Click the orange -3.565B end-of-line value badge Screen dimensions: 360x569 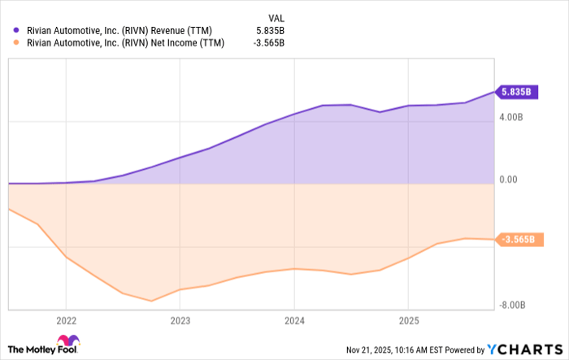click(x=517, y=240)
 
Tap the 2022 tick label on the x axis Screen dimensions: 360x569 click(x=66, y=319)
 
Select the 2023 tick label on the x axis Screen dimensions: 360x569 click(x=180, y=319)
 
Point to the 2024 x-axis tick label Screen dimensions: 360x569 click(x=294, y=319)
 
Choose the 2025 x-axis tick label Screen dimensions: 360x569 click(x=408, y=319)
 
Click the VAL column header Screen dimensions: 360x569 click(x=276, y=15)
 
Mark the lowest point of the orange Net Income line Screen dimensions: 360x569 click(x=152, y=301)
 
